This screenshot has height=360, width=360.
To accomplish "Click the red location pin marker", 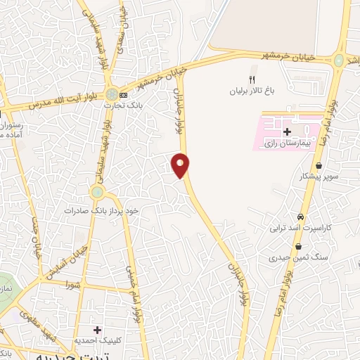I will tap(181, 165).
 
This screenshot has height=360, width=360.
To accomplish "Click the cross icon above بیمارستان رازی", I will tap(286, 132).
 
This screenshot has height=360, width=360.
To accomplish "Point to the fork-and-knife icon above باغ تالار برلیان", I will tap(252, 80).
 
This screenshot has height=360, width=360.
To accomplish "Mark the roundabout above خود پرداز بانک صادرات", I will tap(97, 191).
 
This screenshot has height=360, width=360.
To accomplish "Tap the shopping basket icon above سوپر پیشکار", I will tap(319, 166).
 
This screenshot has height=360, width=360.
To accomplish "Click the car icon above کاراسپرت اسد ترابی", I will tap(301, 217).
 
